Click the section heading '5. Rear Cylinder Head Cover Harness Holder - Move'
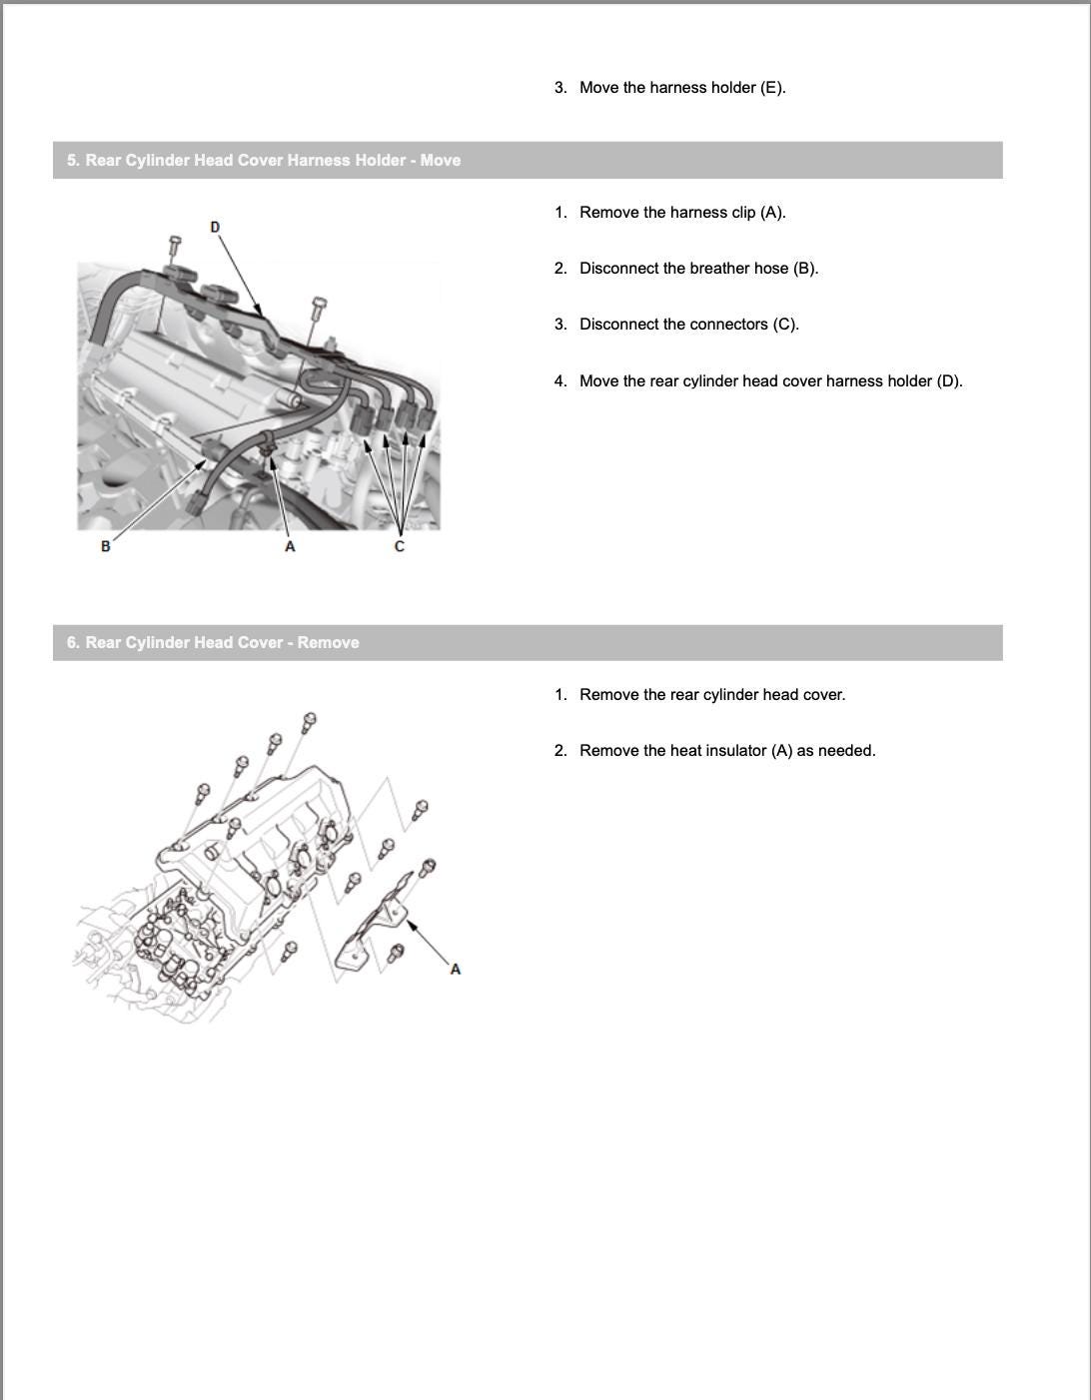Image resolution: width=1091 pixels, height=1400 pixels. (x=264, y=161)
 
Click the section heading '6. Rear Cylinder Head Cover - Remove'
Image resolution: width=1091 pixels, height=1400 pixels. (x=213, y=643)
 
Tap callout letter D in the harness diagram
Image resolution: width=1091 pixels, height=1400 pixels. (x=215, y=228)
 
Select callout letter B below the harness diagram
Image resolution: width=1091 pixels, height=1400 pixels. (x=106, y=546)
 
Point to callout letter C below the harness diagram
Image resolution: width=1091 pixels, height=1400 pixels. (x=400, y=546)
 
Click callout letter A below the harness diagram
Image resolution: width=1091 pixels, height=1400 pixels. (x=290, y=546)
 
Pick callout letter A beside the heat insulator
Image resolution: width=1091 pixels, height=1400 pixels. (x=456, y=969)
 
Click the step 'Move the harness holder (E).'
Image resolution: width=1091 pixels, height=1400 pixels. (x=682, y=88)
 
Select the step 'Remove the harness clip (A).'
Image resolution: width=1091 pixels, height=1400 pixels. (x=682, y=213)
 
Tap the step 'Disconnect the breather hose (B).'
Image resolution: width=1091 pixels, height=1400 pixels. (x=698, y=269)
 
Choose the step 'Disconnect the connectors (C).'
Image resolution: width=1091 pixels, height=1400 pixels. (x=688, y=325)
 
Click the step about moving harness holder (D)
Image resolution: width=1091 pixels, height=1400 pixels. (x=770, y=381)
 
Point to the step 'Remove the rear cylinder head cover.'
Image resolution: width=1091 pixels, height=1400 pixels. (x=712, y=695)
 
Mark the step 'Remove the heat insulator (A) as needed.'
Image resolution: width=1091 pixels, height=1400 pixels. (x=727, y=751)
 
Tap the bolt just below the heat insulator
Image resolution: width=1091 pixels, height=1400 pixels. (x=395, y=954)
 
